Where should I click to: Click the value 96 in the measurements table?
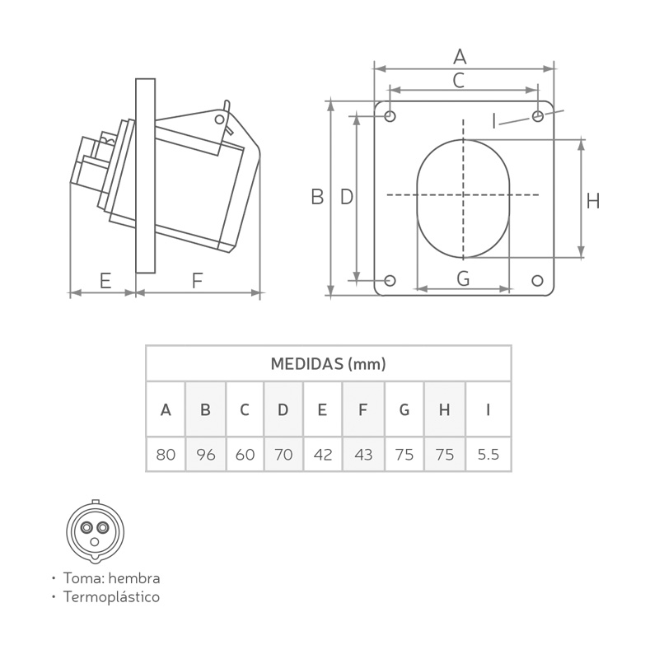click(x=205, y=455)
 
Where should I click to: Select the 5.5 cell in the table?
click(x=488, y=455)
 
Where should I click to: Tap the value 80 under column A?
click(x=166, y=455)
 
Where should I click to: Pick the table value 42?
click(x=323, y=455)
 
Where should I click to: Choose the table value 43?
click(x=363, y=455)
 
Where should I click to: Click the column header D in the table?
click(x=283, y=409)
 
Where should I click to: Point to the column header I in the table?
click(x=488, y=409)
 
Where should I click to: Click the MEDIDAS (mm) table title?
click(x=328, y=364)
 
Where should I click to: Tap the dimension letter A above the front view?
click(x=460, y=57)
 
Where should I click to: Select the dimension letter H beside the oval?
click(x=592, y=201)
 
